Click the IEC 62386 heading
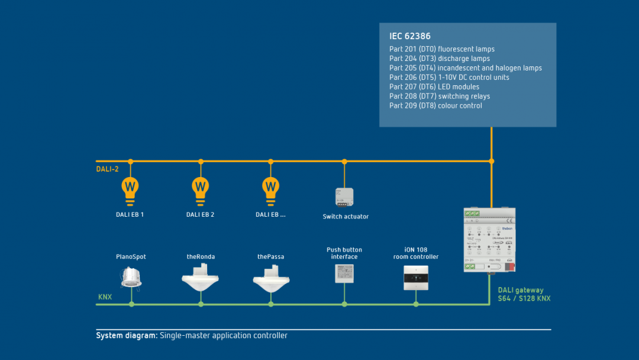coord(410,36)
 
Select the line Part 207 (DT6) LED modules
coord(434,87)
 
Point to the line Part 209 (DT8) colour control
coord(435,106)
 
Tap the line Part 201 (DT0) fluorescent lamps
coord(441,49)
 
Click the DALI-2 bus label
coord(108,169)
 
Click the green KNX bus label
coord(105,297)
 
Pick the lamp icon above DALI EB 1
coord(130,188)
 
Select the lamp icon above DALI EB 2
coord(201,188)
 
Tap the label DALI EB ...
coord(270,215)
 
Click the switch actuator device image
coord(344,197)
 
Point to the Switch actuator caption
coord(346,217)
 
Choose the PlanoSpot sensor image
coord(131,277)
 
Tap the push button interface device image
coord(344,272)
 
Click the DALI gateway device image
coord(489,240)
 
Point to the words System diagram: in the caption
coord(127,336)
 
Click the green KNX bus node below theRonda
coord(201,304)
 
